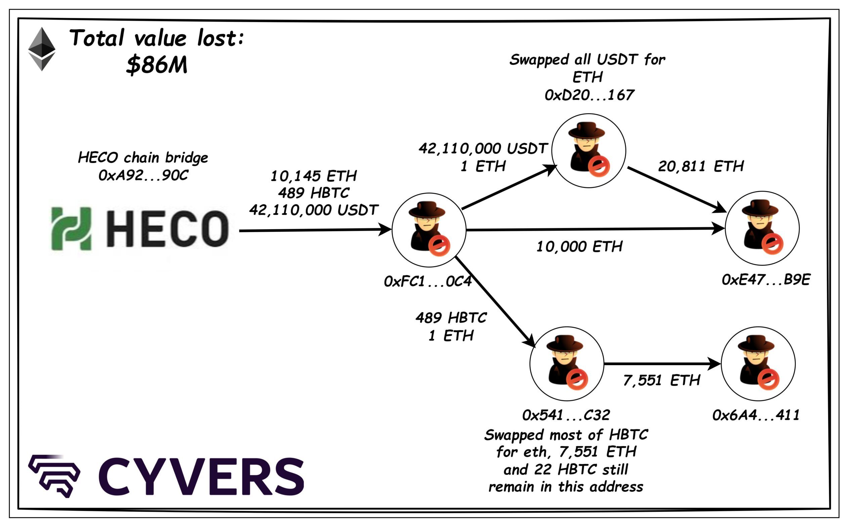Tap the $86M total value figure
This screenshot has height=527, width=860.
tap(157, 65)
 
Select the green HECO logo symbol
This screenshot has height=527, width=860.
tap(71, 229)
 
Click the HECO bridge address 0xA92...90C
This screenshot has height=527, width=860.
tap(143, 175)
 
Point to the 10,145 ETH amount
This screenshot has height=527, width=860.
tap(313, 176)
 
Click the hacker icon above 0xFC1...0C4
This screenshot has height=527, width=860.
tap(429, 229)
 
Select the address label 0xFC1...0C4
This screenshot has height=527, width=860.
tap(428, 281)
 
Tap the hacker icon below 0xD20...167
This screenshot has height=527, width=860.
tap(589, 150)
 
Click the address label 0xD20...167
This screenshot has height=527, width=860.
tap(589, 95)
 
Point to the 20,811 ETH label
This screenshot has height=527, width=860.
tap(701, 166)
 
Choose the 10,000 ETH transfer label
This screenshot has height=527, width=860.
tap(579, 247)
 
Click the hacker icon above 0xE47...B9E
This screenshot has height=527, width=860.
tap(762, 228)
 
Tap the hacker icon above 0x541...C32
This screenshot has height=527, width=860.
tap(566, 363)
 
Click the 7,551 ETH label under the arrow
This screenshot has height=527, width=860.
tap(662, 380)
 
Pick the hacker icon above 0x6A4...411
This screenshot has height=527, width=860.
tap(758, 363)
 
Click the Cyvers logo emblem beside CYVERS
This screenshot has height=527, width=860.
tap(54, 475)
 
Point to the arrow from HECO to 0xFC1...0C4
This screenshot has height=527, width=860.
tap(314, 230)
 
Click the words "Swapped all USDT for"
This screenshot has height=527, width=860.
tap(587, 60)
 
